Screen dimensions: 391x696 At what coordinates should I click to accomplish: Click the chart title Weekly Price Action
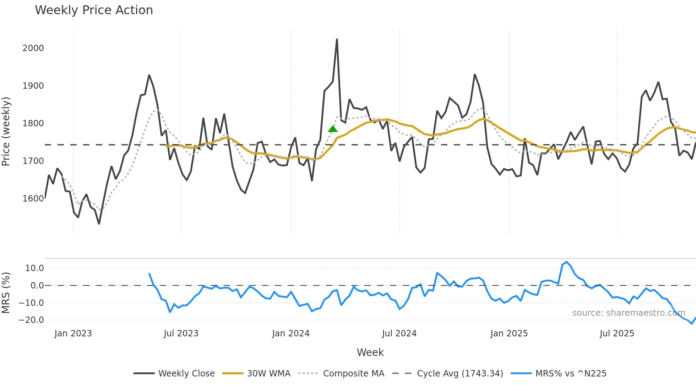pos(94,10)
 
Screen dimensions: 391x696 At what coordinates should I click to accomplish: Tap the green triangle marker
pos(333,129)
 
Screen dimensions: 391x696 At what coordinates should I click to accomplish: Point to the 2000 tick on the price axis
pos(33,48)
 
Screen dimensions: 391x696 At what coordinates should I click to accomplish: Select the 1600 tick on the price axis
pos(33,199)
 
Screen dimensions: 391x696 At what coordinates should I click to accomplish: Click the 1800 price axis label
pos(33,123)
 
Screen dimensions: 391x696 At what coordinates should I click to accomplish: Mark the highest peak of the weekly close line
pos(337,39)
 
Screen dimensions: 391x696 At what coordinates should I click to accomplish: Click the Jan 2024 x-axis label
pos(291,334)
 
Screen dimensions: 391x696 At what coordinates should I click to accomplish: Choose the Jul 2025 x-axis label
pos(617,334)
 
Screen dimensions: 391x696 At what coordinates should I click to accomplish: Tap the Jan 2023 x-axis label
pos(73,334)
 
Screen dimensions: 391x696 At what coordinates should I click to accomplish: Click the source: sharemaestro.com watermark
pos(629,313)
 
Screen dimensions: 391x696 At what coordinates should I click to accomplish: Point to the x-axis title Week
pos(370,352)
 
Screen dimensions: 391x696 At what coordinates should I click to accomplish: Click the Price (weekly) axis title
pos(6,131)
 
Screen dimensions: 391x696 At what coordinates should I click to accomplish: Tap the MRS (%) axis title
pos(6,293)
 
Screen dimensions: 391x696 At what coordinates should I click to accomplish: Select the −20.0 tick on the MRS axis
pos(31,320)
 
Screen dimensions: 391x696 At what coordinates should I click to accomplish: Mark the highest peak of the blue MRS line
pos(566,262)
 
